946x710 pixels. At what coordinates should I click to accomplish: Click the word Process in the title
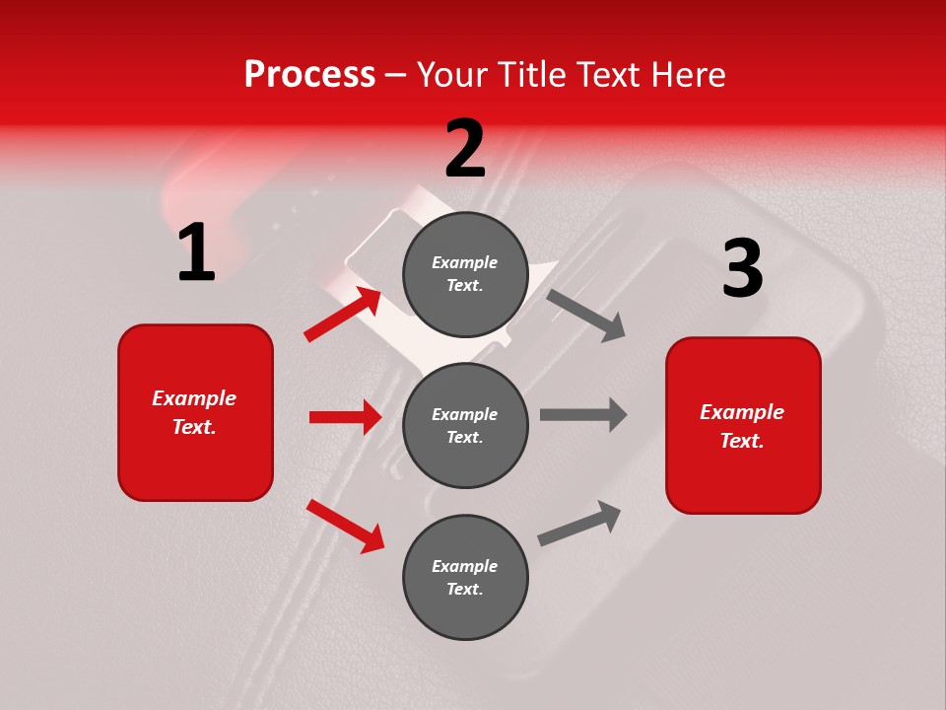pyautogui.click(x=309, y=75)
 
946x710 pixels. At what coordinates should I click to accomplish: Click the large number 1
pyautogui.click(x=196, y=253)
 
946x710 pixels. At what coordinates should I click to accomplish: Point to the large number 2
pyautogui.click(x=465, y=150)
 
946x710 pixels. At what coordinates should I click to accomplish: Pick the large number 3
pyautogui.click(x=742, y=270)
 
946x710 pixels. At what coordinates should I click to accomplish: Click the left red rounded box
pyautogui.click(x=195, y=412)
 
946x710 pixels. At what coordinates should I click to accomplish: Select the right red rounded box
pyautogui.click(x=743, y=425)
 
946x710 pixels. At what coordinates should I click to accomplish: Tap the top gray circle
pyautogui.click(x=465, y=273)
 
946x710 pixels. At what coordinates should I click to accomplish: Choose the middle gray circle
pyautogui.click(x=465, y=425)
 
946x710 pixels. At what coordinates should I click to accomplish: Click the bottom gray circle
pyautogui.click(x=465, y=577)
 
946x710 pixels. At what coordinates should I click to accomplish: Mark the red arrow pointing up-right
pyautogui.click(x=344, y=314)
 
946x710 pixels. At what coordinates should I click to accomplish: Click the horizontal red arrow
pyautogui.click(x=345, y=417)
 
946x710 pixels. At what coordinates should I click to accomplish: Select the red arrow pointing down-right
pyautogui.click(x=346, y=526)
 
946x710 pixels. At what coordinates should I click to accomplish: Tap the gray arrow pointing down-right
pyautogui.click(x=586, y=316)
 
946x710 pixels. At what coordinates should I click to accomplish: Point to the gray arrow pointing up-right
pyautogui.click(x=580, y=523)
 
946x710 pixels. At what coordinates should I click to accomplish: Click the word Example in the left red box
pyautogui.click(x=194, y=398)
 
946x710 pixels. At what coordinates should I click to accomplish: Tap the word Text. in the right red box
pyautogui.click(x=742, y=441)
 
